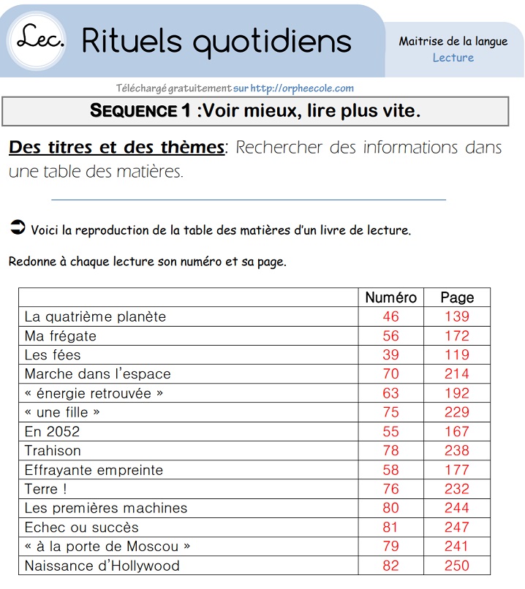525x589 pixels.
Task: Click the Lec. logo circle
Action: click(x=37, y=39)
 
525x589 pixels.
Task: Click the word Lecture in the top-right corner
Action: click(x=453, y=58)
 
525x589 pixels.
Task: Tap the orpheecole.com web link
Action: click(x=302, y=88)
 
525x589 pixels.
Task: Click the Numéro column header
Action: click(x=390, y=297)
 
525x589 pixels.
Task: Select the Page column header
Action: click(x=457, y=297)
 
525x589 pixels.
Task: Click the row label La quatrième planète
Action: click(x=95, y=316)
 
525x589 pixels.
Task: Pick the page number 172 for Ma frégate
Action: click(x=457, y=336)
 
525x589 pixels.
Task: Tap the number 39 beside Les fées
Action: click(x=390, y=355)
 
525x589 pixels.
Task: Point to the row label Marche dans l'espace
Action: click(x=97, y=374)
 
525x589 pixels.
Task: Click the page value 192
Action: click(x=457, y=393)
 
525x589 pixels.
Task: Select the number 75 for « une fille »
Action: click(x=390, y=412)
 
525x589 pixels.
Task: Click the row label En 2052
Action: click(x=52, y=431)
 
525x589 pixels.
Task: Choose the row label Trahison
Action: click(x=53, y=451)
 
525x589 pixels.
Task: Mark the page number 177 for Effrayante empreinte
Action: click(x=457, y=470)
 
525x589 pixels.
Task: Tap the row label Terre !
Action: click(x=45, y=489)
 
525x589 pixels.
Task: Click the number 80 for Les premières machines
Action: click(x=390, y=508)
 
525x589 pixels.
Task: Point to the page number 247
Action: click(x=457, y=527)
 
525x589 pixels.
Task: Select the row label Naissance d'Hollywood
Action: click(x=102, y=566)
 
